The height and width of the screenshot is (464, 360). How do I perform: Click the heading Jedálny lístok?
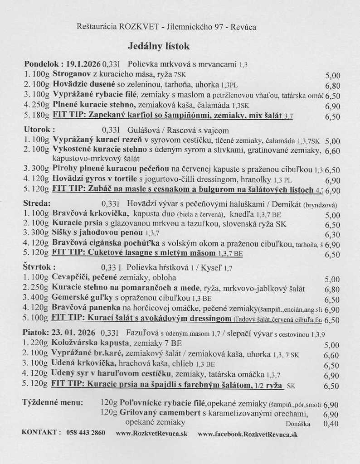coord(159,46)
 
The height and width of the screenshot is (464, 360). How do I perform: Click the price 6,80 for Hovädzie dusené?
coord(333,85)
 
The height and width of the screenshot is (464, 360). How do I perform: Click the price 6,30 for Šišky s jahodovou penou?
coord(333,235)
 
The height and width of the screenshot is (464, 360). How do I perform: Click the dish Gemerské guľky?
coord(79,299)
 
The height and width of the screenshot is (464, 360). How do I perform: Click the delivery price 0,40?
coord(333,425)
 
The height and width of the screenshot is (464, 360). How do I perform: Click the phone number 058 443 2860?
coord(85,433)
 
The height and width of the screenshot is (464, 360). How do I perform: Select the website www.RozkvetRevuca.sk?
coord(151,434)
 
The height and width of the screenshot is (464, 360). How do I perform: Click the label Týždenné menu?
coord(53,402)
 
